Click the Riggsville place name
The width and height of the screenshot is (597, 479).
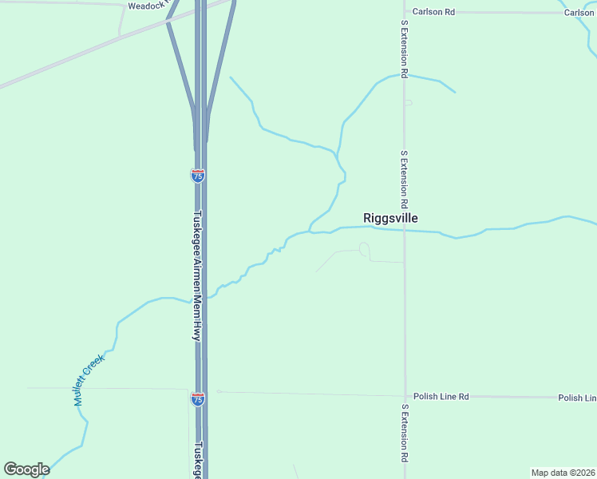pyautogui.click(x=390, y=218)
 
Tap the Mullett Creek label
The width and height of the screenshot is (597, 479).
pyautogui.click(x=89, y=381)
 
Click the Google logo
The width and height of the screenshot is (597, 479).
pyautogui.click(x=26, y=469)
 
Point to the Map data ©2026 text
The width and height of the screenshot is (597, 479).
pyautogui.click(x=563, y=473)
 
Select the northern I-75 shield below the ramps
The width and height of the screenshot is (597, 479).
pyautogui.click(x=198, y=176)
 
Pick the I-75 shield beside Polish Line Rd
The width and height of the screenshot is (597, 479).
pyautogui.click(x=198, y=398)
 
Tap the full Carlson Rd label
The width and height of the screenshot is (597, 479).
pyautogui.click(x=439, y=12)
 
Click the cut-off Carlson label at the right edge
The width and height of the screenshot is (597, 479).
pyautogui.click(x=579, y=13)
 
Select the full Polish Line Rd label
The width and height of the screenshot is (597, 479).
pyautogui.click(x=441, y=397)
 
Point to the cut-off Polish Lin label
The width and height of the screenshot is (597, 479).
pyautogui.click(x=577, y=398)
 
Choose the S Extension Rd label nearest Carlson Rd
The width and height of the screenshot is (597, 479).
pyautogui.click(x=405, y=50)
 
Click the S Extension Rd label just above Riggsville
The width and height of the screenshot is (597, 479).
pyautogui.click(x=405, y=172)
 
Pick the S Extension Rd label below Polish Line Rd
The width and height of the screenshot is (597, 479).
pyautogui.click(x=405, y=434)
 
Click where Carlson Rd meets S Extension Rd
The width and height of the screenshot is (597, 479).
pyautogui.click(x=405, y=12)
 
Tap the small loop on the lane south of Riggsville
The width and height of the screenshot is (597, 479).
pyautogui.click(x=365, y=250)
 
